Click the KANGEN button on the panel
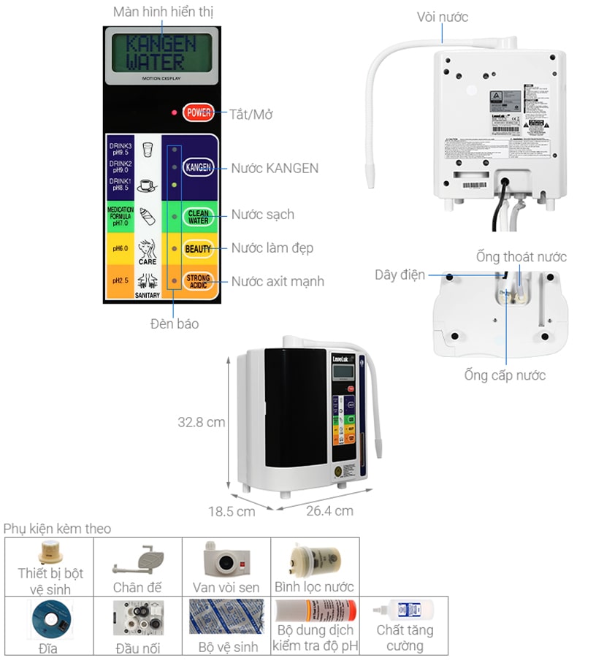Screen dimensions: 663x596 point(197,168)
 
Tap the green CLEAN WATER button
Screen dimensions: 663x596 point(198,217)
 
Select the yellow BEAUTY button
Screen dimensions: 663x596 point(197,249)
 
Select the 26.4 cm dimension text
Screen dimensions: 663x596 point(329,510)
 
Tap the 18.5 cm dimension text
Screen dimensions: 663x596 point(232,511)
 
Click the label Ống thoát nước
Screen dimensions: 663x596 point(521,256)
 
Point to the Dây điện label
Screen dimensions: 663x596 point(400,275)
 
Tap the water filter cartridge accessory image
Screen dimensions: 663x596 point(314,559)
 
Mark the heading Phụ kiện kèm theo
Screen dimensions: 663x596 point(58,528)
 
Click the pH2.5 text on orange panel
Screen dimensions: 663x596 point(121,281)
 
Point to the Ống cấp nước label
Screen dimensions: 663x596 point(505,375)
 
